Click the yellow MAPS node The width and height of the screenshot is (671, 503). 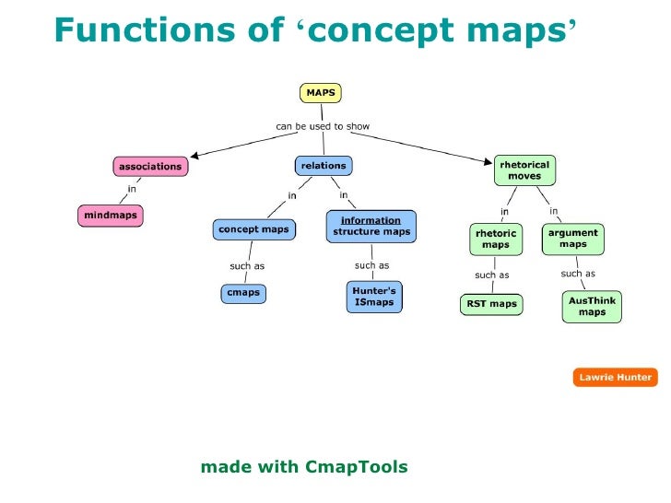click(320, 92)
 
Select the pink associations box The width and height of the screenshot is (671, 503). click(150, 167)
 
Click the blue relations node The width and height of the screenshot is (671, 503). click(324, 166)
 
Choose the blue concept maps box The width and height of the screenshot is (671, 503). click(253, 228)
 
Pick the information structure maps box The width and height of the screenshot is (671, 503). click(371, 227)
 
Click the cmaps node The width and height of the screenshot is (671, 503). click(243, 293)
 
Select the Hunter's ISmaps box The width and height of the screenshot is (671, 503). click(373, 297)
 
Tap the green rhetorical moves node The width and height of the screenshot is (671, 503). click(524, 170)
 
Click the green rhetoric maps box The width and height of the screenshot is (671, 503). click(495, 240)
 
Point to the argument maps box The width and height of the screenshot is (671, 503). click(573, 239)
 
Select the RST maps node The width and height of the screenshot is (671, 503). click(490, 304)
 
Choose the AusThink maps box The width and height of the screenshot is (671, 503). click(592, 306)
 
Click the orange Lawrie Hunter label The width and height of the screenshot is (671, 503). click(615, 377)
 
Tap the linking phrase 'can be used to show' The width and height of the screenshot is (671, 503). click(323, 125)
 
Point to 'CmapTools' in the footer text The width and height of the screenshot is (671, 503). click(356, 467)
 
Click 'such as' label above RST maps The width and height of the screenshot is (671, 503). click(491, 275)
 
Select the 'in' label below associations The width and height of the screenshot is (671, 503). click(132, 190)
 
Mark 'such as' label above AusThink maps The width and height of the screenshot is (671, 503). click(578, 274)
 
